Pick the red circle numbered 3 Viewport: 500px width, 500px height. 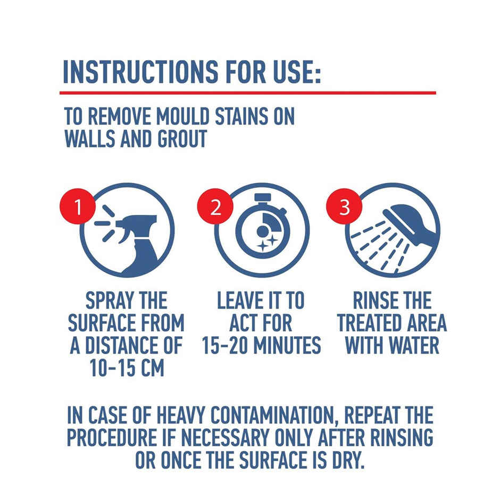click(x=345, y=207)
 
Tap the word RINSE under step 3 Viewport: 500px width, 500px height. click(x=373, y=301)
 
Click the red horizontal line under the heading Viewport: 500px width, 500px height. click(x=247, y=93)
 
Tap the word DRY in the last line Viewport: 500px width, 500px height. click(x=349, y=459)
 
